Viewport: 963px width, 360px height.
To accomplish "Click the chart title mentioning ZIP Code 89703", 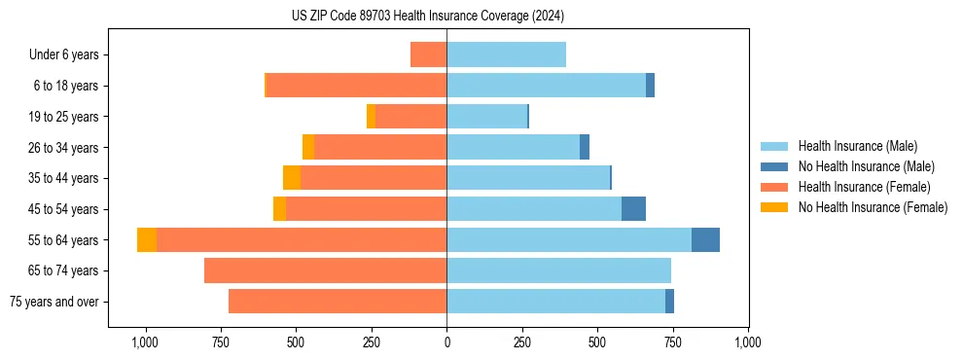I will click(x=427, y=17).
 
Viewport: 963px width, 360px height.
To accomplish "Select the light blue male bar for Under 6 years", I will click(x=506, y=54).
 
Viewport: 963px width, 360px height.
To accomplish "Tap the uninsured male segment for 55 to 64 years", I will click(x=705, y=240).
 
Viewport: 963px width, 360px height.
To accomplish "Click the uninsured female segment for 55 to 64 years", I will click(x=147, y=240).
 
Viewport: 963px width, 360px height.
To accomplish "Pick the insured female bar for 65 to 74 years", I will click(x=325, y=270).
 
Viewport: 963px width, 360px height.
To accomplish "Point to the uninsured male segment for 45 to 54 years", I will click(x=633, y=209).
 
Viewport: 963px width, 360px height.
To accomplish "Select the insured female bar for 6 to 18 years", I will click(x=356, y=86).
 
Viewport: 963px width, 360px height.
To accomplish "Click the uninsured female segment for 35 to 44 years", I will click(x=292, y=178).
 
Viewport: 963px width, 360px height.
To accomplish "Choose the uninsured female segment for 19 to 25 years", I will click(x=371, y=117).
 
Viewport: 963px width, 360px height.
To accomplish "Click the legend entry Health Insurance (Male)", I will click(x=857, y=146).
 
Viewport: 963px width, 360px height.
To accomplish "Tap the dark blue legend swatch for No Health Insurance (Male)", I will click(x=774, y=166).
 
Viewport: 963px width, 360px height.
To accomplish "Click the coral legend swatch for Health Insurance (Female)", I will click(x=774, y=187).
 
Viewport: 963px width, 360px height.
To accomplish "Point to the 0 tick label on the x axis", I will click(x=446, y=342).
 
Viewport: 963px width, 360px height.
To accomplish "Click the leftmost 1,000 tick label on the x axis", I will click(x=144, y=342).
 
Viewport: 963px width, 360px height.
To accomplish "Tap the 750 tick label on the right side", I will click(x=672, y=342).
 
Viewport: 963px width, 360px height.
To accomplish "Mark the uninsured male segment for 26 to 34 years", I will click(x=585, y=147).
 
